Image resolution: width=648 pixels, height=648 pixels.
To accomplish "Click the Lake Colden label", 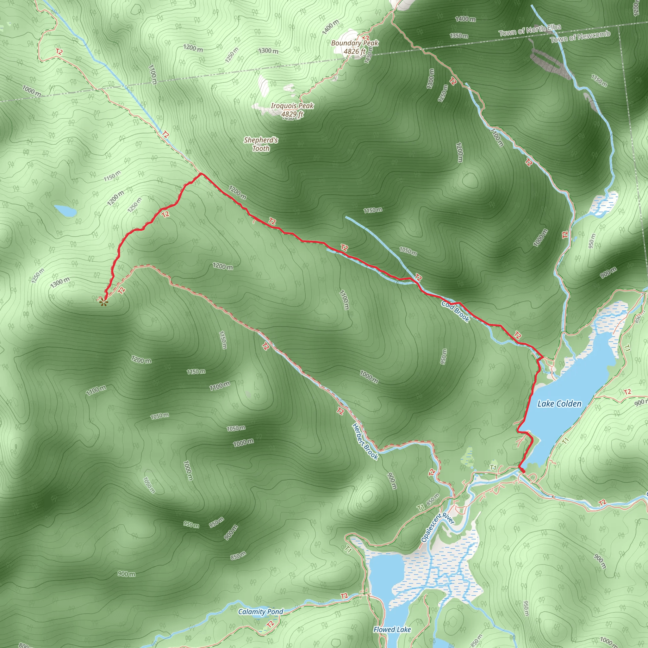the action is tap(559, 403).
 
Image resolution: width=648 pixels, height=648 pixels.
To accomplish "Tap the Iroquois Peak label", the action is tap(292, 106).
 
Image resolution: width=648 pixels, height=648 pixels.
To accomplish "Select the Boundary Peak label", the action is tap(354, 43).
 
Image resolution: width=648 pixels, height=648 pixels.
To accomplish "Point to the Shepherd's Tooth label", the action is tap(261, 144).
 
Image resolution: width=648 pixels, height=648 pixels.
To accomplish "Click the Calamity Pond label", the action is tap(261, 611).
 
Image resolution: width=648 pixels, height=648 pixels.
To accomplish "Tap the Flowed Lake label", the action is tap(392, 630).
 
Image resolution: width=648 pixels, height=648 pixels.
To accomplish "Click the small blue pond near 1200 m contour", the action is tap(65, 211).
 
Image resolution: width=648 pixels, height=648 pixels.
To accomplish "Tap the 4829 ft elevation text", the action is tap(292, 114).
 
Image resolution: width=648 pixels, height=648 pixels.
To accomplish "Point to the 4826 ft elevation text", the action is tap(354, 51).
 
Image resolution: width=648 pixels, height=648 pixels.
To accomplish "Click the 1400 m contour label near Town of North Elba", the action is tap(465, 19).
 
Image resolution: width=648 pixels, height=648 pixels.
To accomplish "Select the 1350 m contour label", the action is tap(459, 35).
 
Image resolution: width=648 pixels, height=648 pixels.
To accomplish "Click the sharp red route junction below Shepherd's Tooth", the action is tap(201, 174).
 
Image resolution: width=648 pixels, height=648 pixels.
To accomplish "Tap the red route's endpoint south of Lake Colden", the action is tap(523, 471).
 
